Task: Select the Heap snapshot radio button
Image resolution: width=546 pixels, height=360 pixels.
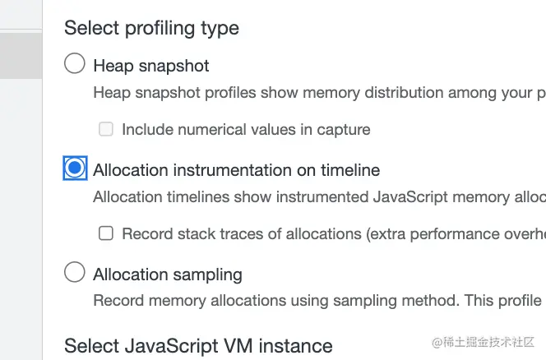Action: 75,63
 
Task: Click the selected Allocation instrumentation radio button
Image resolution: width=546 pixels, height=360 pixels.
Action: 75,168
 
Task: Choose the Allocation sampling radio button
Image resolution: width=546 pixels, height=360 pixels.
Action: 75,272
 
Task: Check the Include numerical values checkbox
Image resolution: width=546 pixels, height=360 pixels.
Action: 106,129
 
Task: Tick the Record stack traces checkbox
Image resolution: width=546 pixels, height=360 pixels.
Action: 106,233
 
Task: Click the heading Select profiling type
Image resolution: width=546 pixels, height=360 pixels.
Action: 151,29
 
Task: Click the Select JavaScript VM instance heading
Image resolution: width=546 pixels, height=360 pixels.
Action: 198,346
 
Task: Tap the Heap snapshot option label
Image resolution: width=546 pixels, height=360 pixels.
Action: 151,66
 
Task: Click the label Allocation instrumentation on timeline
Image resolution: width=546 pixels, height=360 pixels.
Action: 237,170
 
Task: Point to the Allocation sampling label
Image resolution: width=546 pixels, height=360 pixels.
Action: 168,275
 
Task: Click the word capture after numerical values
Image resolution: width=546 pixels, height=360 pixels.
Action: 344,130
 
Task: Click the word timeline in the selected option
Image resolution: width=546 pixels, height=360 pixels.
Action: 350,170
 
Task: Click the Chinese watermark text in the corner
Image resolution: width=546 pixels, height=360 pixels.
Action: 483,342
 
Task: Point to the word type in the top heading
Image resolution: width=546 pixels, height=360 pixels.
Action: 220,30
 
